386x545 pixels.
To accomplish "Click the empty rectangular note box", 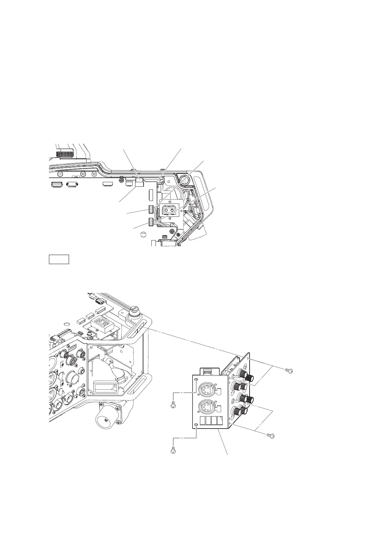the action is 59,259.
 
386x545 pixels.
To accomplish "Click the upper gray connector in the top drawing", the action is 151,209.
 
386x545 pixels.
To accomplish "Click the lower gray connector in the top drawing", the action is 151,222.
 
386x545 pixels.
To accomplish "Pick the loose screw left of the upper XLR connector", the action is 173,405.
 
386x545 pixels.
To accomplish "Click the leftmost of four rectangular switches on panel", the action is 203,421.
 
